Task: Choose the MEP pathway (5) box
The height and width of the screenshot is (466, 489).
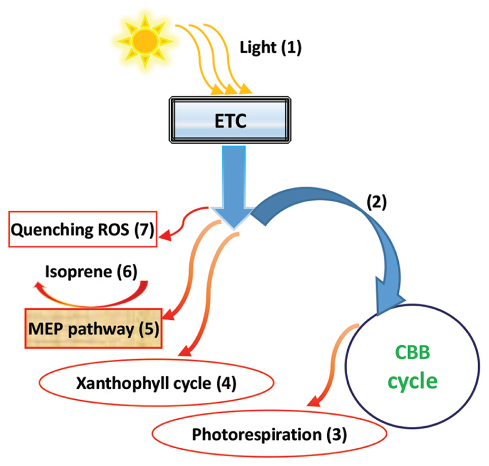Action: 93,328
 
